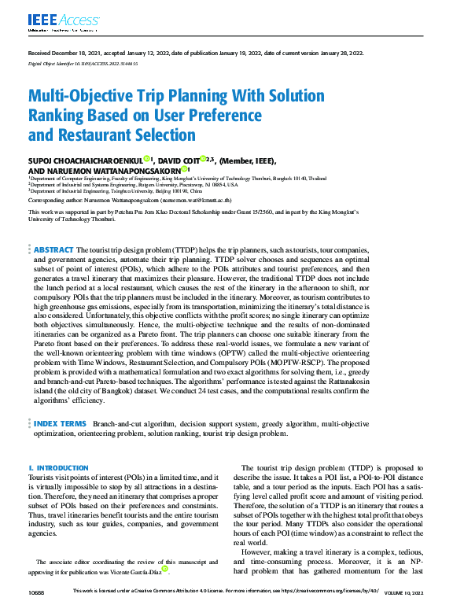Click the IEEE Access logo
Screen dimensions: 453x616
point(53,20)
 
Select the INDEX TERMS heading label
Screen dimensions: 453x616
point(60,423)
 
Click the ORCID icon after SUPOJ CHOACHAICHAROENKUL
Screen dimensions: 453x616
point(147,159)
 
